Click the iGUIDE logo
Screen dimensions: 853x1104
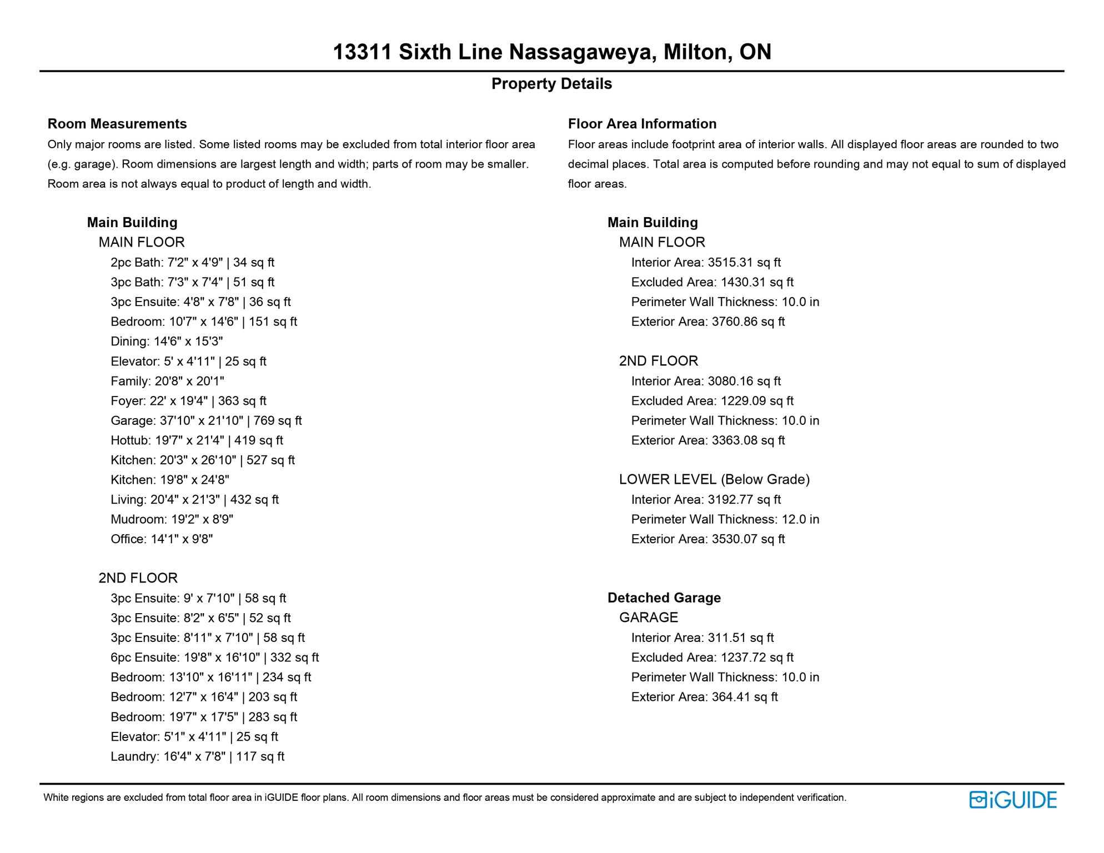(1013, 800)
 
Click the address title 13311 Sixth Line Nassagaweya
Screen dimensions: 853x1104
(551, 52)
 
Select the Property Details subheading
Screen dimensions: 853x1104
(551, 84)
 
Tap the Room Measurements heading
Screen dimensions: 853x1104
(117, 124)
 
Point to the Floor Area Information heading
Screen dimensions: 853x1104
(642, 124)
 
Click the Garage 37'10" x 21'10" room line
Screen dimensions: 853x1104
(206, 421)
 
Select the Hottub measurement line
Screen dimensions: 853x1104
(197, 440)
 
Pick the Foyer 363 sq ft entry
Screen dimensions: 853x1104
(188, 401)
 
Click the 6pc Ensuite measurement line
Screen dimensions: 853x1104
(214, 658)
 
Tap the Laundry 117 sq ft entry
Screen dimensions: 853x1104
(197, 756)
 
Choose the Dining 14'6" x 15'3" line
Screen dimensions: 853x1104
(167, 342)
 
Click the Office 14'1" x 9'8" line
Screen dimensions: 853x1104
(162, 539)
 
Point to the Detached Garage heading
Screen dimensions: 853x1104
(664, 598)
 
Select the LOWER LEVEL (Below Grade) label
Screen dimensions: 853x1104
(714, 480)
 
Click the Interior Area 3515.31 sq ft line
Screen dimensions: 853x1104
(706, 263)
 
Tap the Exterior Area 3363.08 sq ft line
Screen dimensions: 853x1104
(708, 440)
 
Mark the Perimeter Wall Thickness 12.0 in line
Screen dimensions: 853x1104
(725, 519)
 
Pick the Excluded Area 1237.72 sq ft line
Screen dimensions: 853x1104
(712, 658)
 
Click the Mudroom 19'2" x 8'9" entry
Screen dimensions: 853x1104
(172, 519)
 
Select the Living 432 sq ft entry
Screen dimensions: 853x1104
(194, 500)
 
